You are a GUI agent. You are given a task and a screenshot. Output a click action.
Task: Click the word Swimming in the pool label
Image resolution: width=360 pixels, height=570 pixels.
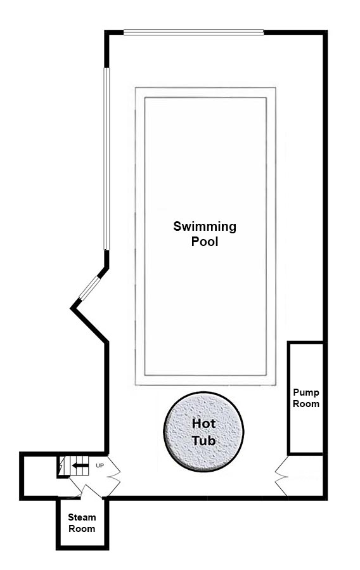(205, 227)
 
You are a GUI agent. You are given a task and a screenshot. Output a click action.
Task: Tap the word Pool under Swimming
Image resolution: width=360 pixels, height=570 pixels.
(205, 242)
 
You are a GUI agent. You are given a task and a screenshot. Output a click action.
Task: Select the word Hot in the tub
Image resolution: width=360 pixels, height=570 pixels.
(204, 424)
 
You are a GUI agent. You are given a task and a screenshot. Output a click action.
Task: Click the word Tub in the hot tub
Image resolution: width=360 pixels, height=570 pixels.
(204, 441)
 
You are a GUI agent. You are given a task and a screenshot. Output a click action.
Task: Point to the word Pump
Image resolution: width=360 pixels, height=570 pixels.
(306, 392)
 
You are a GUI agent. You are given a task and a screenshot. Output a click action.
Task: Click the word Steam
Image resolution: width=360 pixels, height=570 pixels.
(82, 517)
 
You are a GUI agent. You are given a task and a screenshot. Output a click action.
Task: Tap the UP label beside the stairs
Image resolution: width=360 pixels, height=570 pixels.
(100, 465)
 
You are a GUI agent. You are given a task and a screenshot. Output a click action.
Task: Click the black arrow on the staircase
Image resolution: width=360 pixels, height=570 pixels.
(80, 465)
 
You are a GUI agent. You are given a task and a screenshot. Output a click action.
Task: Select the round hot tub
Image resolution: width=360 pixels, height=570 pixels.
(203, 432)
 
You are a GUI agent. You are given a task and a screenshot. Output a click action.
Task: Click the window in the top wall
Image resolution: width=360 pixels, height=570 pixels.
(193, 32)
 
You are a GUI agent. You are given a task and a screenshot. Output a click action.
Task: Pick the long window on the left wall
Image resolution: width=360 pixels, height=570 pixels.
(106, 159)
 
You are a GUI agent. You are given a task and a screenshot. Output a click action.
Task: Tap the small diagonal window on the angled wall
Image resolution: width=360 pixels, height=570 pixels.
(89, 288)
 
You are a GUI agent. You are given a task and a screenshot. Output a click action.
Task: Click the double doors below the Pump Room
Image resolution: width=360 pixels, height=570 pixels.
(281, 476)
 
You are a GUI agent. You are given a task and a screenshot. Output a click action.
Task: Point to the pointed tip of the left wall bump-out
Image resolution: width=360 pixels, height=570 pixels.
(71, 309)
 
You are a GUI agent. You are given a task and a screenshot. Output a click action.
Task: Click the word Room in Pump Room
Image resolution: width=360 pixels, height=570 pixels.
(306, 404)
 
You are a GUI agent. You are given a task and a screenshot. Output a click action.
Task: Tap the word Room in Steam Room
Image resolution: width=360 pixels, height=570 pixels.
(82, 529)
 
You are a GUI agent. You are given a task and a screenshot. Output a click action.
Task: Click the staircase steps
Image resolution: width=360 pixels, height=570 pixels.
(74, 466)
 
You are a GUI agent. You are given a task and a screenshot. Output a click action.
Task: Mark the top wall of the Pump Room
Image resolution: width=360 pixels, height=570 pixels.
(305, 342)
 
